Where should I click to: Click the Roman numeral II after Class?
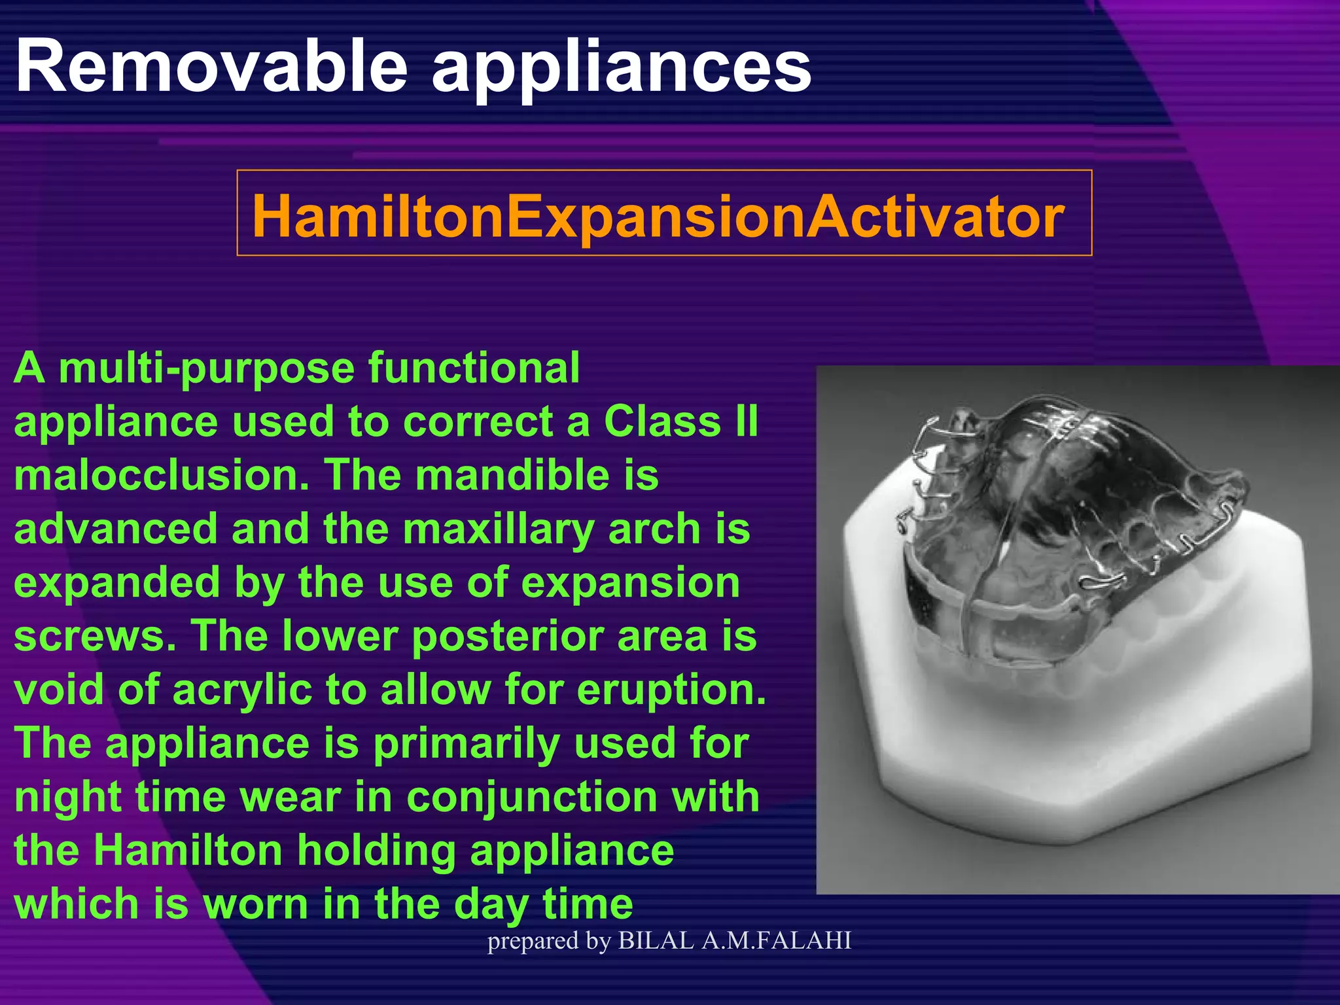pyautogui.click(x=747, y=421)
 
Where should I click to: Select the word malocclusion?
pyautogui.click(x=161, y=475)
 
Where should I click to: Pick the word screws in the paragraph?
pyautogui.click(x=95, y=637)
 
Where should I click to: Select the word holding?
pyautogui.click(x=376, y=851)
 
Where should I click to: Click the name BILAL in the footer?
pyautogui.click(x=656, y=941)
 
